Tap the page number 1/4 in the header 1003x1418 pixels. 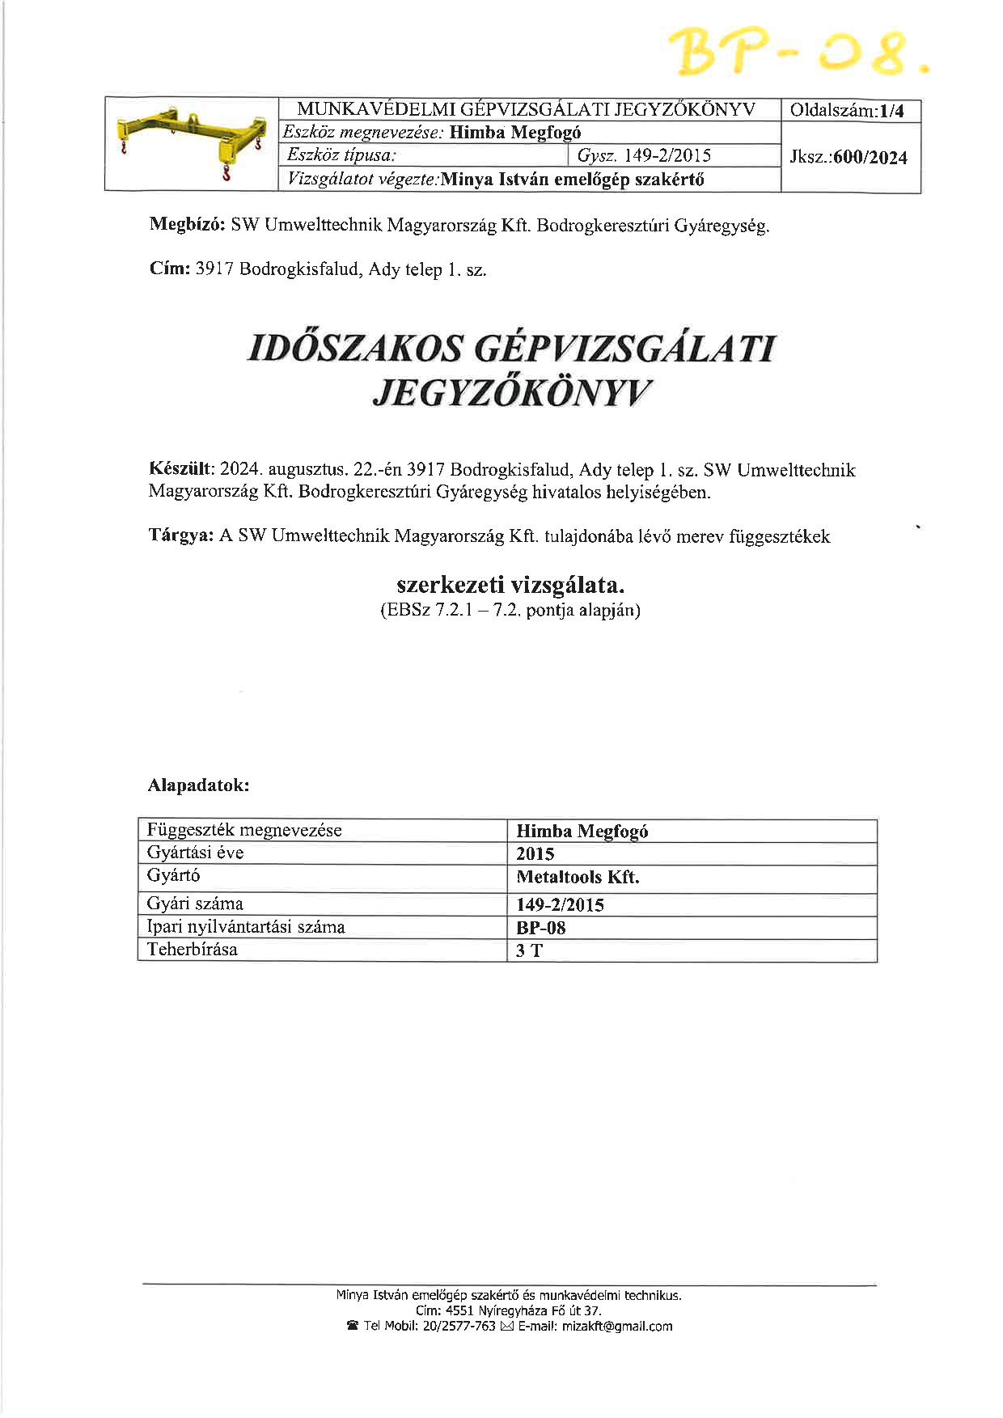click(x=893, y=112)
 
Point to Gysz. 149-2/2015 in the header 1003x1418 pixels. click(x=644, y=155)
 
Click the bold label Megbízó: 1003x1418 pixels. click(x=187, y=226)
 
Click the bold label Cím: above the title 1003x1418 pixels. click(x=169, y=269)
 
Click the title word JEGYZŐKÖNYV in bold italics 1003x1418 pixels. click(x=511, y=393)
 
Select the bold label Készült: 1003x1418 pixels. click(x=180, y=469)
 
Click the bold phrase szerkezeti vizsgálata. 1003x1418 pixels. click(x=510, y=584)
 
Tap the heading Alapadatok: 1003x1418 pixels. click(x=198, y=785)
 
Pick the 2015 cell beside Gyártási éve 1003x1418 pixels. click(x=535, y=854)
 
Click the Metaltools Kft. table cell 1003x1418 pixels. click(x=578, y=877)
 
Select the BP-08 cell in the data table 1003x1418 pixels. click(x=541, y=928)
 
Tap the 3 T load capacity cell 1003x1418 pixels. click(x=529, y=950)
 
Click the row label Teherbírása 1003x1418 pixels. click(x=193, y=950)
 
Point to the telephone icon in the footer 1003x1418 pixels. click(x=353, y=1326)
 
